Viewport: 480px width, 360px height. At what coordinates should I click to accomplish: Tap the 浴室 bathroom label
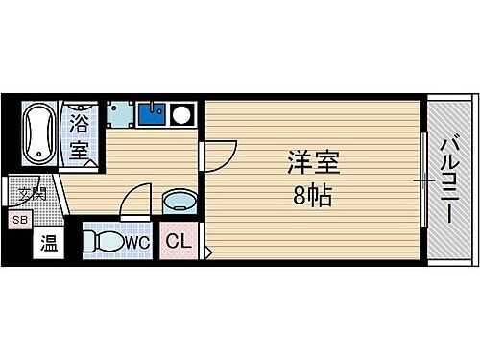[x=80, y=137]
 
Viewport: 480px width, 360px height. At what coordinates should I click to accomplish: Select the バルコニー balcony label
[x=448, y=179]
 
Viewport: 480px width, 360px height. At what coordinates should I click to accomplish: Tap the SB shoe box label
[x=18, y=220]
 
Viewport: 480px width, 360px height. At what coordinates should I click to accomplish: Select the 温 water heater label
[x=47, y=244]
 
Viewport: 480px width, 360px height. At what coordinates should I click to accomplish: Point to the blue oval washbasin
[x=178, y=202]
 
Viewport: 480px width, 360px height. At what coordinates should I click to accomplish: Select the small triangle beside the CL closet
[x=207, y=252]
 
